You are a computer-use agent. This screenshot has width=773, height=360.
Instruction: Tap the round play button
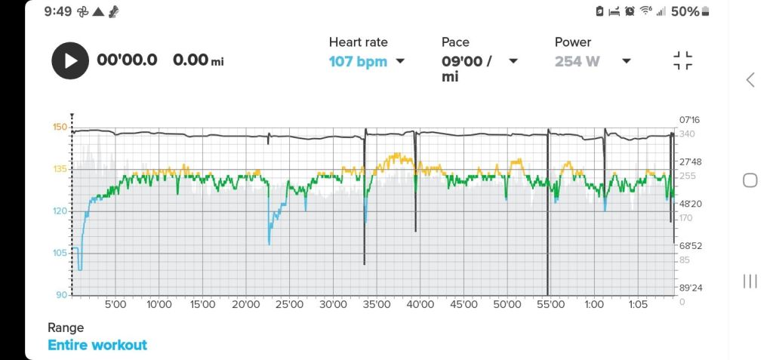70,60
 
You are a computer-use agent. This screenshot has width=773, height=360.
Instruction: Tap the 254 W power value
577,61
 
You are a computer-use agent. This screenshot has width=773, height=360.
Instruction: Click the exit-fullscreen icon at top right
682,61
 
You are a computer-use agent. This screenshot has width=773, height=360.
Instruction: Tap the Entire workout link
97,345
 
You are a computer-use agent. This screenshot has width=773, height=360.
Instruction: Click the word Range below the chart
66,328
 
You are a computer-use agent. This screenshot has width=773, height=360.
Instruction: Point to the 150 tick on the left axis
60,127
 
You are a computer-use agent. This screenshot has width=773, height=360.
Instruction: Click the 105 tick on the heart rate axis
60,253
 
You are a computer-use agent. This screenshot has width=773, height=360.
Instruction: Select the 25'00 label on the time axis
289,305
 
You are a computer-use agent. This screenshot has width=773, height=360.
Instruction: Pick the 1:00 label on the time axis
594,305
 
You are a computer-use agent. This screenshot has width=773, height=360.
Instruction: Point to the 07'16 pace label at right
691,119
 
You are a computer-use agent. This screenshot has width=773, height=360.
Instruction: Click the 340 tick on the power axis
687,134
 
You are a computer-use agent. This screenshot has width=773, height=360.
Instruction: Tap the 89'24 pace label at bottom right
691,288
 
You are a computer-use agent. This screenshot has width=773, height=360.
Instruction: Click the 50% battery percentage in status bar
685,11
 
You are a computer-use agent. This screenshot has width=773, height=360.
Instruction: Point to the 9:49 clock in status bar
58,11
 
